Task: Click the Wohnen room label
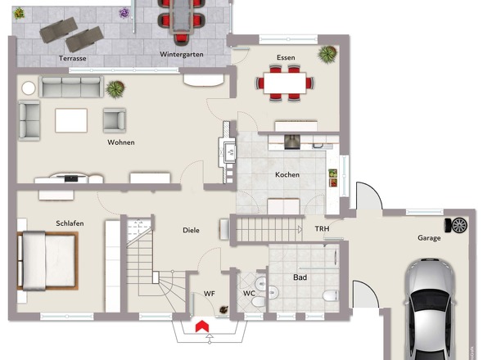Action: coord(121,142)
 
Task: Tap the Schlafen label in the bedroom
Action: coord(70,223)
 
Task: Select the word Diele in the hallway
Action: coord(191,230)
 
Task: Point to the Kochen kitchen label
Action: coord(287,174)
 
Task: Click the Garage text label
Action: coord(429,238)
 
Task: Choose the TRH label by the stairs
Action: coord(323,229)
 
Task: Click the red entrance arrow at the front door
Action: coord(202,326)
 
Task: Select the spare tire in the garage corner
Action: coord(456,226)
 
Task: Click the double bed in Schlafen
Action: coord(47,260)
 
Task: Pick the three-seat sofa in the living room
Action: coord(71,87)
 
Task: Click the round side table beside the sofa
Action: coord(29,88)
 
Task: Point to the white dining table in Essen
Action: coord(285,83)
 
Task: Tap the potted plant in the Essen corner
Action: coord(327,54)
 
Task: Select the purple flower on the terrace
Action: coord(124,13)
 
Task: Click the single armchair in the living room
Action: coord(115,120)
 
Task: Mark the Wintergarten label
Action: coord(182,55)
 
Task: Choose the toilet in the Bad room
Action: coord(330,296)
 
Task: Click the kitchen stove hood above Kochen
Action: coord(291,142)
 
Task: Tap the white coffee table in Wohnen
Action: coord(71,120)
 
